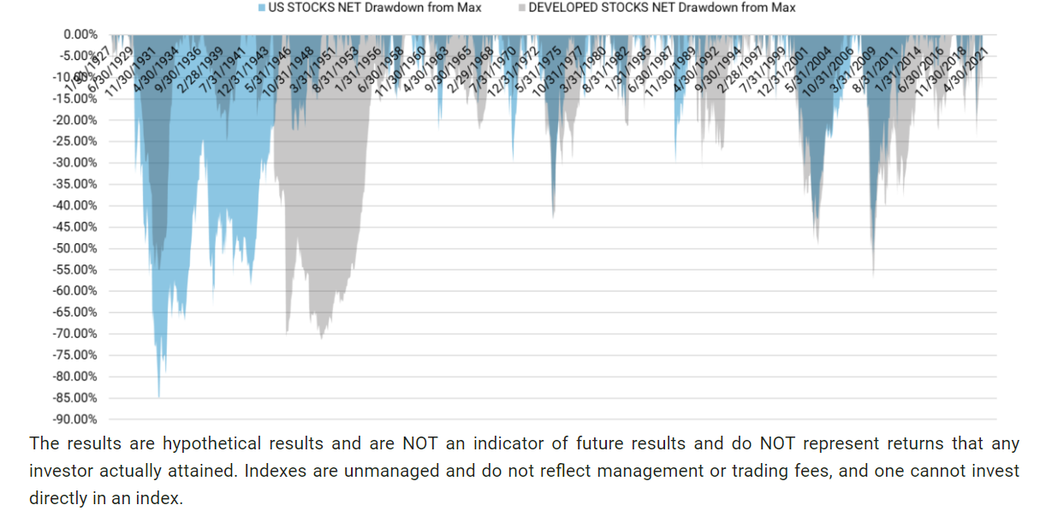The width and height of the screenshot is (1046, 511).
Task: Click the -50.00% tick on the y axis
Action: click(75, 248)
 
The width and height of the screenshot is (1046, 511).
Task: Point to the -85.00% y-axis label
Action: click(75, 398)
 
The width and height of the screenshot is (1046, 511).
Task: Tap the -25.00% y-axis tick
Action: click(75, 141)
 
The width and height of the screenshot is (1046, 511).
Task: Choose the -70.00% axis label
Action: click(75, 334)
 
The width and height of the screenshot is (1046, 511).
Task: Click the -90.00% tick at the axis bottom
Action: click(75, 419)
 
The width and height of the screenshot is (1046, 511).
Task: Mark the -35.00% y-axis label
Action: click(75, 184)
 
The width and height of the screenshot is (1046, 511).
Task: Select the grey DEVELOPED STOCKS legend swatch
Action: click(521, 8)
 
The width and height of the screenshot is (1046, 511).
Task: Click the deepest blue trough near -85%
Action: click(158, 396)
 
